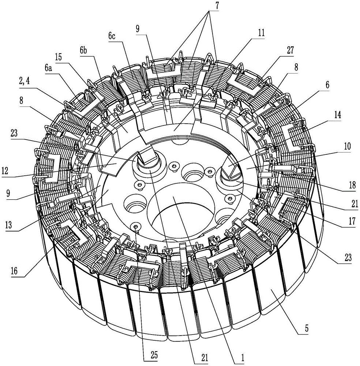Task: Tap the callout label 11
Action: tap(261, 33)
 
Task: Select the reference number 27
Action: tap(290, 50)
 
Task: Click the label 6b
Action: tap(83, 50)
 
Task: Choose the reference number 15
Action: tap(59, 57)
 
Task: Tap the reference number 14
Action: tap(338, 115)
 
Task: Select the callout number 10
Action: tap(347, 146)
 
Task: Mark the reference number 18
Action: tap(352, 185)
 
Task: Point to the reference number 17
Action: tap(352, 221)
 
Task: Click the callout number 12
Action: tap(5, 171)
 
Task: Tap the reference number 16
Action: tap(14, 271)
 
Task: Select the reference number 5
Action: tap(307, 328)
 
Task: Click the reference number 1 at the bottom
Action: tap(243, 357)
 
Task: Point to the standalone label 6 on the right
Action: tap(327, 85)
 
